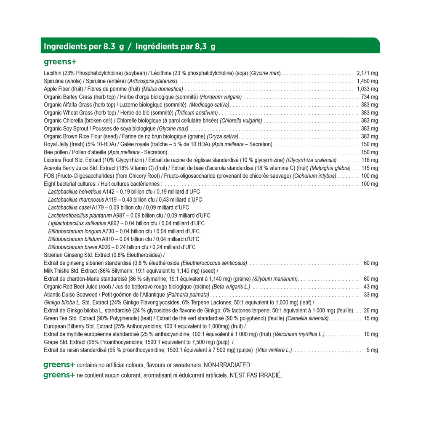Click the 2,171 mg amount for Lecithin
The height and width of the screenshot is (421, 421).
367,73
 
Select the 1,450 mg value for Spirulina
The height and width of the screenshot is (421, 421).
367,81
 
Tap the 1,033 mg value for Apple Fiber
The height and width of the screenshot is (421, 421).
367,89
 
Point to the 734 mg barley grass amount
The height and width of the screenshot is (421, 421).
370,97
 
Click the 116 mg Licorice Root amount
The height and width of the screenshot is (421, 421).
370,160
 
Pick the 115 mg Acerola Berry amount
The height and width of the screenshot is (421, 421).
370,168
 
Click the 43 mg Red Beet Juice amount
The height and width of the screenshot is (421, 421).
371,287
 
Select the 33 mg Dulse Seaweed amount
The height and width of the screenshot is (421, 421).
371,295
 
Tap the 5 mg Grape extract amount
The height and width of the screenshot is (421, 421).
372,350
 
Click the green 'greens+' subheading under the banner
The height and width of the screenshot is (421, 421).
60,62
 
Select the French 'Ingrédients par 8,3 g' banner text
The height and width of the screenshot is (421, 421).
176,46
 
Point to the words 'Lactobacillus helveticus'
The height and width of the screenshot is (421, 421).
75,192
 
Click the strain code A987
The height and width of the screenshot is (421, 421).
119,216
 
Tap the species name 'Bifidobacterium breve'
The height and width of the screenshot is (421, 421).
73,247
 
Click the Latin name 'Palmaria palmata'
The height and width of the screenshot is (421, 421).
188,295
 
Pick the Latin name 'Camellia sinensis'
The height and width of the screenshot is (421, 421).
307,318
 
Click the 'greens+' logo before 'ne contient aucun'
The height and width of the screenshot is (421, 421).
59,375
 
